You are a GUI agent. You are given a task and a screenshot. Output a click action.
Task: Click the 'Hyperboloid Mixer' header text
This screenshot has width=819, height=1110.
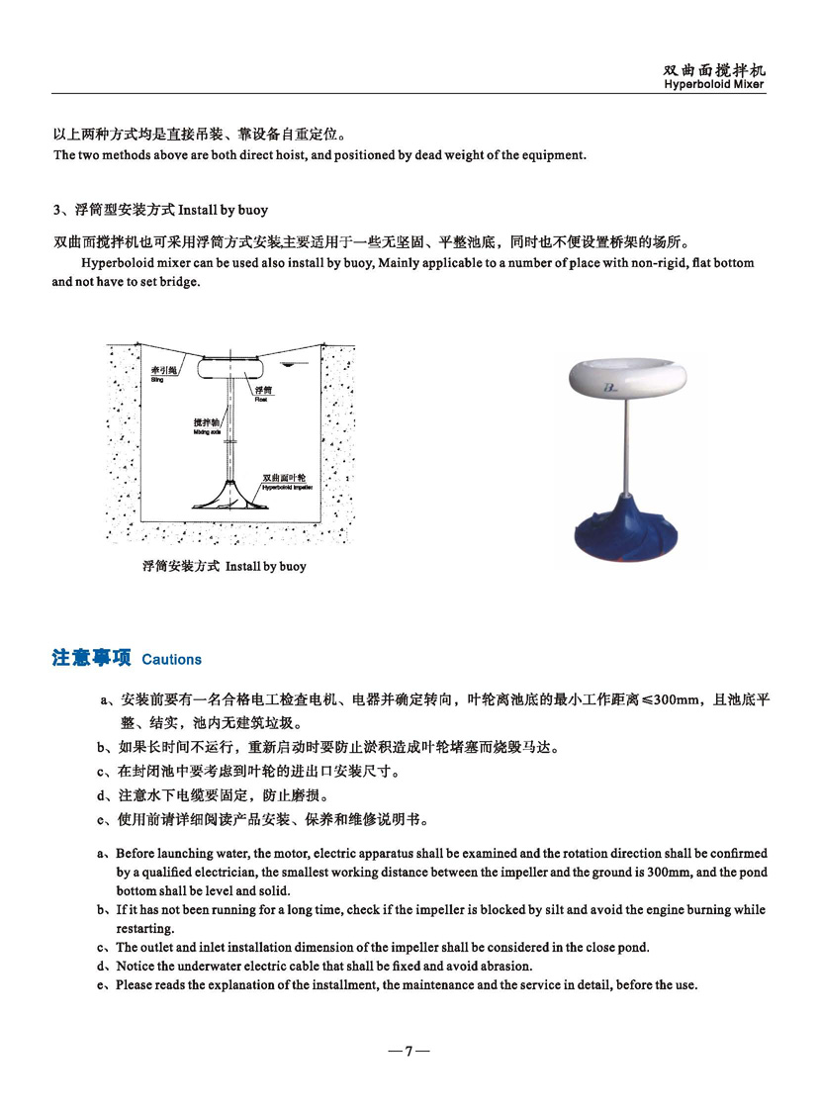714,85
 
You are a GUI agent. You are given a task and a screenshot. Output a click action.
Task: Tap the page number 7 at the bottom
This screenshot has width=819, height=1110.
409,1052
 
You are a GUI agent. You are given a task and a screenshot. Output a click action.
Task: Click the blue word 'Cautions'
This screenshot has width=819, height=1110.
171,660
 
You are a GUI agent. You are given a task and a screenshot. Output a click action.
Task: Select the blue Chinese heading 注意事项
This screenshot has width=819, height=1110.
91,659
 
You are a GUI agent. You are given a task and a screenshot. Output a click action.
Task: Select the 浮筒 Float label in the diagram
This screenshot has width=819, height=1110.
263,393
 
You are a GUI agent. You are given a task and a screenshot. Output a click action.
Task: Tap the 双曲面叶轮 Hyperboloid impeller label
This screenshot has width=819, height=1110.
283,480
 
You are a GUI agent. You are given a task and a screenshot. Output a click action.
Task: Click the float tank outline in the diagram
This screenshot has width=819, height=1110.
230,368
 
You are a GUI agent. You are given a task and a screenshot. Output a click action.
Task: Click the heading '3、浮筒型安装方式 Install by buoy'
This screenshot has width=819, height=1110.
160,210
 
